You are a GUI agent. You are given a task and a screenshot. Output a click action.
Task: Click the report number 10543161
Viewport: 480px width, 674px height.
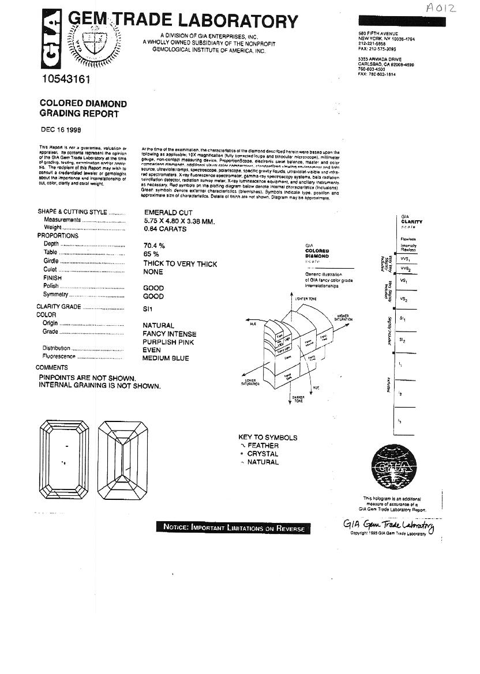65,79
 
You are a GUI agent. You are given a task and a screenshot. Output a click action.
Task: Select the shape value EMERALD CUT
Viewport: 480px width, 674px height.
168,213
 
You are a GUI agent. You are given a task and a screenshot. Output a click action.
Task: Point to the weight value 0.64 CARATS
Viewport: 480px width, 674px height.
164,229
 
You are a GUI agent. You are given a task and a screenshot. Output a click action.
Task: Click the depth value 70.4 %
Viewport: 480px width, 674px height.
155,245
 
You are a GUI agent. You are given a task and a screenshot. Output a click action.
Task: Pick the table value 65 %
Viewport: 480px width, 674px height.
151,254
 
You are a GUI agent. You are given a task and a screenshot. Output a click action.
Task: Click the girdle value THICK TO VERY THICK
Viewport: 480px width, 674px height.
180,264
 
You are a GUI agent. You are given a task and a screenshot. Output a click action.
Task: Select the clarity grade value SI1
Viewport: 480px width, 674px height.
148,308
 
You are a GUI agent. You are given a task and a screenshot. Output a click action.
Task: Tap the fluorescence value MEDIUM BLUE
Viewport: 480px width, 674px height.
166,358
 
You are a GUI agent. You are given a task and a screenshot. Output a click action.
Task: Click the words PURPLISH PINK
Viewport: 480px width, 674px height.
168,342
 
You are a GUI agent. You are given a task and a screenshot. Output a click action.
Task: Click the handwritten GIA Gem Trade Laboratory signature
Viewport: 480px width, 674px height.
388,525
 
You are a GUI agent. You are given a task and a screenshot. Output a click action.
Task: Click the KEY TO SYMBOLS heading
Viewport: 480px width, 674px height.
268,438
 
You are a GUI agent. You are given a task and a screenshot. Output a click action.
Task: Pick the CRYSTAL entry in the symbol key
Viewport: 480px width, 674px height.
262,454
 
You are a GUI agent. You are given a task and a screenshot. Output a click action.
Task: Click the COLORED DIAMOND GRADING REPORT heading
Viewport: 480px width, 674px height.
83,108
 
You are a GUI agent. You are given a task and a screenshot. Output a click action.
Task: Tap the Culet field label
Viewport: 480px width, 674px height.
50,270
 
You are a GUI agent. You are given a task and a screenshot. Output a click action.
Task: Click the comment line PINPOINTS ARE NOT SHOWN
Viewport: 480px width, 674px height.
87,378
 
